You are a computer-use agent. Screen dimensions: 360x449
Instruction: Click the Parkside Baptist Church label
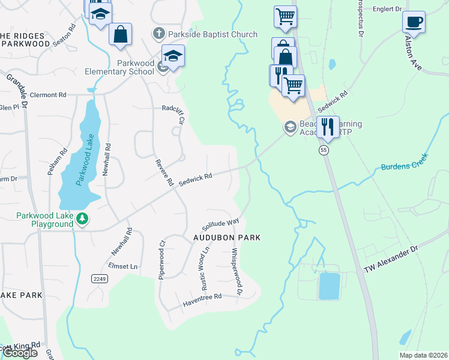tap(213, 35)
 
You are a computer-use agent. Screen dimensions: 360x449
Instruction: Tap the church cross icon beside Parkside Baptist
tap(159, 35)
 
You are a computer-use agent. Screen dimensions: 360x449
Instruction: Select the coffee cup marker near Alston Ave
tap(414, 23)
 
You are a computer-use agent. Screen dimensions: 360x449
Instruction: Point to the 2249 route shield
tap(100, 279)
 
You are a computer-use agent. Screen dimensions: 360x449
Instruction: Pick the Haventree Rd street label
tap(203, 297)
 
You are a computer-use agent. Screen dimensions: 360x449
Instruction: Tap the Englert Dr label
tap(387, 9)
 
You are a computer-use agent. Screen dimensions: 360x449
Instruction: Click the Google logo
tap(20, 353)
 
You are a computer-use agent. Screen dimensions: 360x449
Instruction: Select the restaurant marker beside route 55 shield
tap(328, 127)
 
